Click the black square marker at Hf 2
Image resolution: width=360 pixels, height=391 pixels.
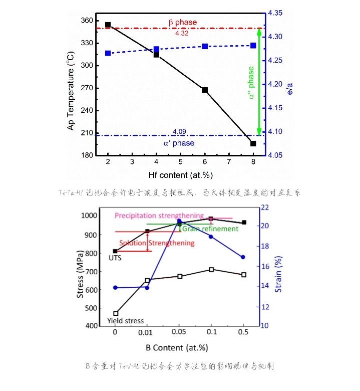[108, 25]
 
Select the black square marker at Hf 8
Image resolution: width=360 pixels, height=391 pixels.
[253, 144]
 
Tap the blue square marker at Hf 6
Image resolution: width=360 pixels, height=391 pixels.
[205, 46]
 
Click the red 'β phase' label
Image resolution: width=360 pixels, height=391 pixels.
[182, 22]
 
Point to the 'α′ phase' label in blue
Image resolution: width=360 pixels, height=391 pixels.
[178, 143]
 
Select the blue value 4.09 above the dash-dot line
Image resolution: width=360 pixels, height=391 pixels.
[179, 132]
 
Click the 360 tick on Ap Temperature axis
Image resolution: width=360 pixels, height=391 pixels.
[87, 21]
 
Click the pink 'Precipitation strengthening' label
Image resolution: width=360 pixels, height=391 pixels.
[159, 216]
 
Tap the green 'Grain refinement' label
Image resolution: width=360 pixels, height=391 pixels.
[210, 229]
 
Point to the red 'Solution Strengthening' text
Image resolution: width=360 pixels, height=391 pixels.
[164, 243]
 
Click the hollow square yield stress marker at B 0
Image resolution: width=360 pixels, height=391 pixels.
[116, 313]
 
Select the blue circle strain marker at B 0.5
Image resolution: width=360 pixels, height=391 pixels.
[243, 257]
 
